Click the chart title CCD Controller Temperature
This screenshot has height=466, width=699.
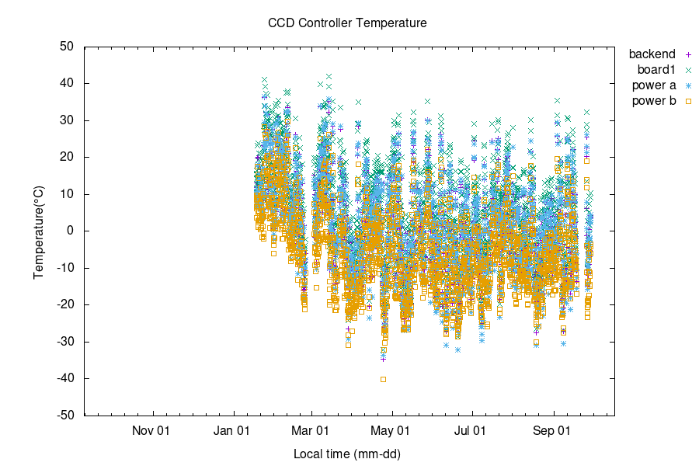click(347, 23)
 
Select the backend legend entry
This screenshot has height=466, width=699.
click(652, 54)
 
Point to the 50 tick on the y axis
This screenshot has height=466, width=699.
click(67, 47)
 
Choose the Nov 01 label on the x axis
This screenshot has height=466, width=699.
click(151, 429)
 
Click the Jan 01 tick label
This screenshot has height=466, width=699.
click(231, 429)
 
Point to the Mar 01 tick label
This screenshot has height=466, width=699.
click(311, 429)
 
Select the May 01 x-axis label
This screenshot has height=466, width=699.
click(392, 429)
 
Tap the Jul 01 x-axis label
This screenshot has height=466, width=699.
click(471, 429)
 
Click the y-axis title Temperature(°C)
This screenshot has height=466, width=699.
click(38, 231)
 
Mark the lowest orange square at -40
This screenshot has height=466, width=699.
click(383, 379)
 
